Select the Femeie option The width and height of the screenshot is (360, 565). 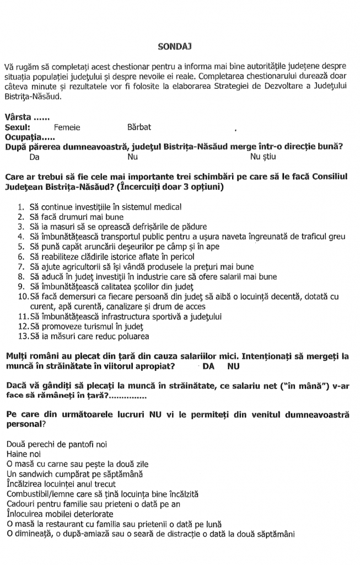pos(67,127)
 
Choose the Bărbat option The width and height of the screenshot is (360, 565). pos(139,127)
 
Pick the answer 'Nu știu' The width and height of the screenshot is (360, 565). pos(262,157)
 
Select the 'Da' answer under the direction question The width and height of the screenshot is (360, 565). pos(34,157)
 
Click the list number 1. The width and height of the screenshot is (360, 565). pos(20,207)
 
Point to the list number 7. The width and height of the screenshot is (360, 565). pos(20,266)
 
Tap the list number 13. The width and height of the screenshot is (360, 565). pos(22,336)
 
